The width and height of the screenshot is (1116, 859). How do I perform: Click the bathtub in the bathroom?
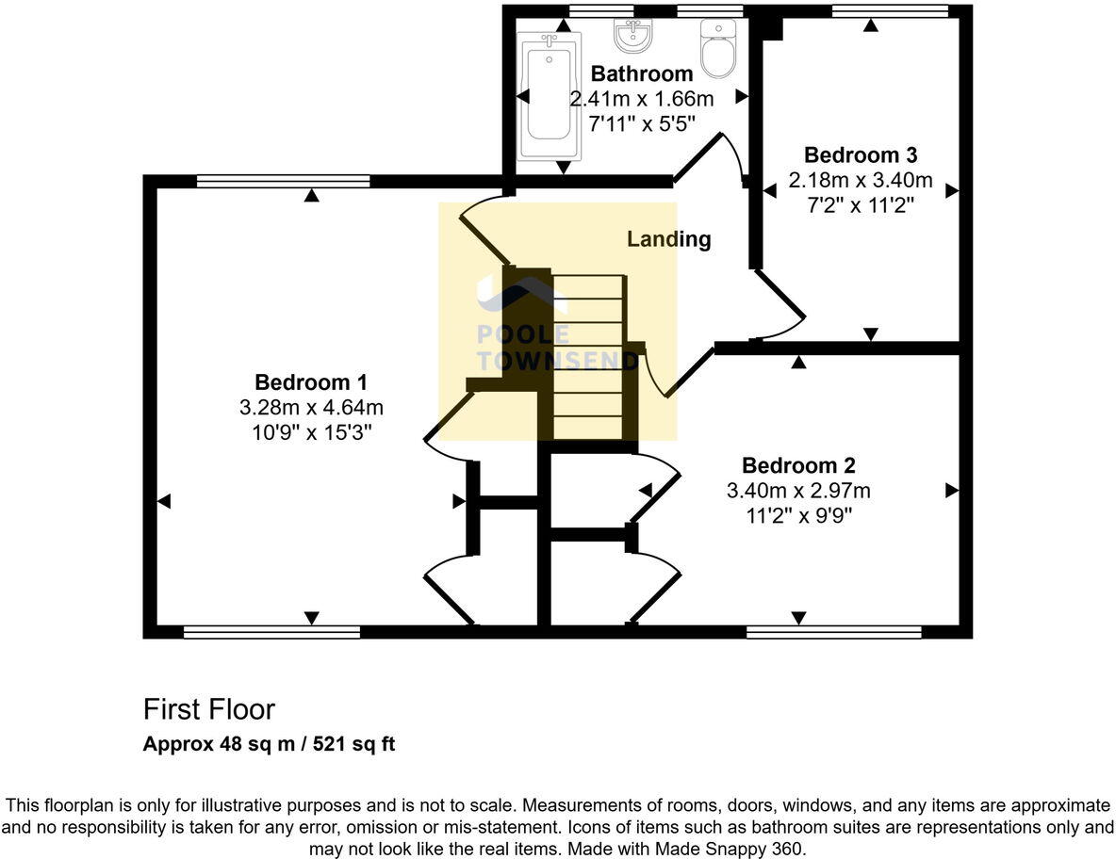550,95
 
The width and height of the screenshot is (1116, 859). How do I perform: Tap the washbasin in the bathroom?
632,37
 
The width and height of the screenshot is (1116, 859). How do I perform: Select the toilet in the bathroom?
717,48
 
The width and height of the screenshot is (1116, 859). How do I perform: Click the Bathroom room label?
641,73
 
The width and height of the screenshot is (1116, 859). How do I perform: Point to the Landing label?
668,239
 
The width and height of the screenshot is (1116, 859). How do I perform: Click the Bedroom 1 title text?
311,382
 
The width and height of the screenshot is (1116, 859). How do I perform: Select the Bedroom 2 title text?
798,465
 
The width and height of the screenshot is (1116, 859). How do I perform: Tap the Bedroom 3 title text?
861,155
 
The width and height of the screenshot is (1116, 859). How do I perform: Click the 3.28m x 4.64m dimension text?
311,408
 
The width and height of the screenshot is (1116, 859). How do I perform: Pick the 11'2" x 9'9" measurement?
798,515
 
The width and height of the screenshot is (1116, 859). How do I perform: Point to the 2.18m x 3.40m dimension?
861,180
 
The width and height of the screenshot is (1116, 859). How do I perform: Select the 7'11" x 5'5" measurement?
641,123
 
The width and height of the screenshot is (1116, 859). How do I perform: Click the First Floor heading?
208,709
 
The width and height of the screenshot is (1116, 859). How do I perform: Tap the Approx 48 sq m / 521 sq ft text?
269,744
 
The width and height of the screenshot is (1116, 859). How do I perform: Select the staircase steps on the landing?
588,357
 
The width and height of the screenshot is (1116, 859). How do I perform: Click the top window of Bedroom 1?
284,182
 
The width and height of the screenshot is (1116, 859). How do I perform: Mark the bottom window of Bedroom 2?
834,632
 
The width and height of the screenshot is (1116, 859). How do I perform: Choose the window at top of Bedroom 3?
890,10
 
